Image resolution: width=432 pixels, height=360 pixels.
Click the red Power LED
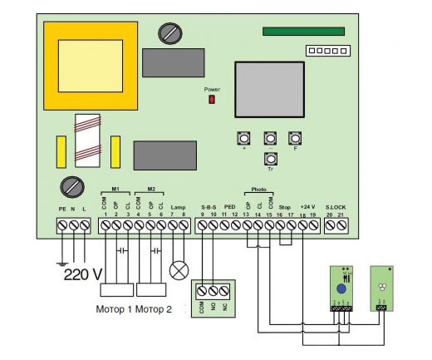pos(211,100)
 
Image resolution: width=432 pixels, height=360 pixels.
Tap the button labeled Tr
pos(269,158)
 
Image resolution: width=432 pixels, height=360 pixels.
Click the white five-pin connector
pos(325,51)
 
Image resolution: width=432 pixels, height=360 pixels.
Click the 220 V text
pos(83,273)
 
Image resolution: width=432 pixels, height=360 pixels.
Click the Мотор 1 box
pos(116,291)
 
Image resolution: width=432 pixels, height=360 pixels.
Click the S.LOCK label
pos(336,206)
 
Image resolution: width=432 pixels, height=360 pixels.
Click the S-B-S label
pos(208,206)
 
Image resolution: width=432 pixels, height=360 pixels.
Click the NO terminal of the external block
pos(213,292)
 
